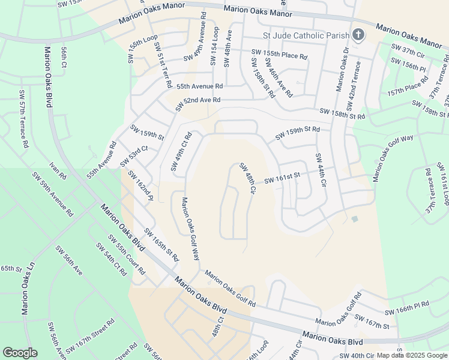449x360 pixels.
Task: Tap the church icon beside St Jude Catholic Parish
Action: (x=358, y=34)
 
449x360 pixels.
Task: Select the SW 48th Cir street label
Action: (x=248, y=178)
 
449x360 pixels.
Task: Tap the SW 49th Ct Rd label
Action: (x=181, y=151)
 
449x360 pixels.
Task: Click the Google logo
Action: (x=20, y=353)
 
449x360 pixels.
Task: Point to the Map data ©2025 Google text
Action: (x=412, y=355)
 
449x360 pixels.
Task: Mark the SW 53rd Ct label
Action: (x=133, y=155)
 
